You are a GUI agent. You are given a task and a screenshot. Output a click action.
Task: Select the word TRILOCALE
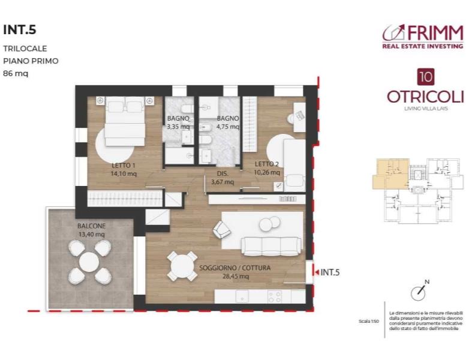[25, 49]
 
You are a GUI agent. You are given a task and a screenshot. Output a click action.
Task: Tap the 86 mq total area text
[16, 74]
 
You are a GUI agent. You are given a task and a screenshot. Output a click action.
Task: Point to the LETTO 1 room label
[124, 165]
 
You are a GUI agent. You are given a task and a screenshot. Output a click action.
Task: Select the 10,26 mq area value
[267, 172]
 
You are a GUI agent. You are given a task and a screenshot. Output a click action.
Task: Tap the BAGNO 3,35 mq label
[178, 122]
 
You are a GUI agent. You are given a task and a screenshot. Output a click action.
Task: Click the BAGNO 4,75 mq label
[228, 122]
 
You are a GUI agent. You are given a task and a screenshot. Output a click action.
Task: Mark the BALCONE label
[91, 226]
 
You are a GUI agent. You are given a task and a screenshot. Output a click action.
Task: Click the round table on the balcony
[89, 262]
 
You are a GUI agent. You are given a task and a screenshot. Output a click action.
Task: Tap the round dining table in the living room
[182, 265]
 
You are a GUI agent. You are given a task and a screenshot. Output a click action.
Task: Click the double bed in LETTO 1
[125, 122]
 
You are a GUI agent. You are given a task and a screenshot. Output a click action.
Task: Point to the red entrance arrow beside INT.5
[315, 272]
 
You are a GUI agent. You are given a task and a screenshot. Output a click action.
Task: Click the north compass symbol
[417, 292]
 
